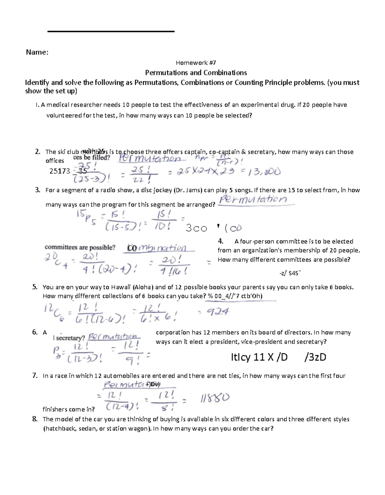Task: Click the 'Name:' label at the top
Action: pos(37,52)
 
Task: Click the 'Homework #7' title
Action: pos(196,63)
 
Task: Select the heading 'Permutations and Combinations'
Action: pos(196,73)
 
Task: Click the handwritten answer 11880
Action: pos(215,399)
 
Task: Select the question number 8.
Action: pos(35,419)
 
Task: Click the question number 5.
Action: pos(35,287)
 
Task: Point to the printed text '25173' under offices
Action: pos(60,171)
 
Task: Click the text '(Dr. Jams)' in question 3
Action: pos(188,190)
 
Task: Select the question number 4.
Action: pos(220,241)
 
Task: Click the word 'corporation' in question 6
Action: pos(172,332)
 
